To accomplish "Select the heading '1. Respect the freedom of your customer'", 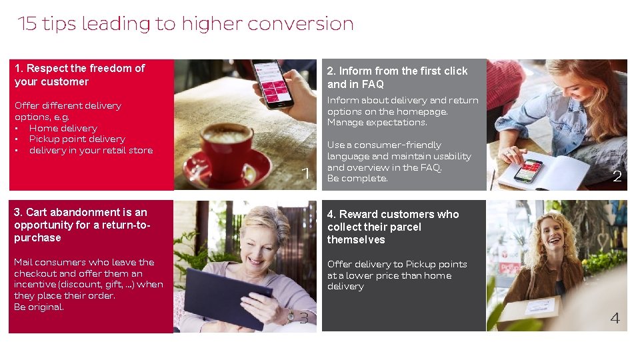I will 79,75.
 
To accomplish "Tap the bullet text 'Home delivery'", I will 63,128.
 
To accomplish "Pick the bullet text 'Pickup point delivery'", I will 77,139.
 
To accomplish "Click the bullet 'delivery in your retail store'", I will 91,151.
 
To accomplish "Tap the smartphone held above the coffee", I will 272,83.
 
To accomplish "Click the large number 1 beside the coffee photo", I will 306,174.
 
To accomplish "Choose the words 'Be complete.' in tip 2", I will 357,179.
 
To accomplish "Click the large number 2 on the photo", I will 617,177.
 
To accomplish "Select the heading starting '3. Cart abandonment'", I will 81,225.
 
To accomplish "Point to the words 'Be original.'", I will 39,307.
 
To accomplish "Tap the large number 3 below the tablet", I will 304,318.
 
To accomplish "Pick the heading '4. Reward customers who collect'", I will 393,227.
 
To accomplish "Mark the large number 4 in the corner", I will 615,319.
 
